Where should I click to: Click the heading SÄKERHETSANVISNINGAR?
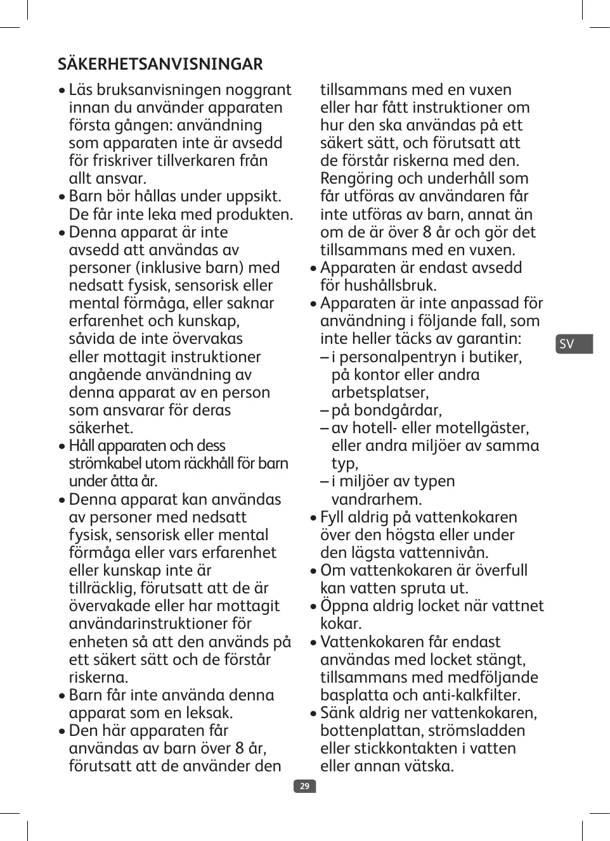pos(160,64)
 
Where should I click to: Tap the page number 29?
pos(304,786)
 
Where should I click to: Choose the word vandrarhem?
pos(377,499)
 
